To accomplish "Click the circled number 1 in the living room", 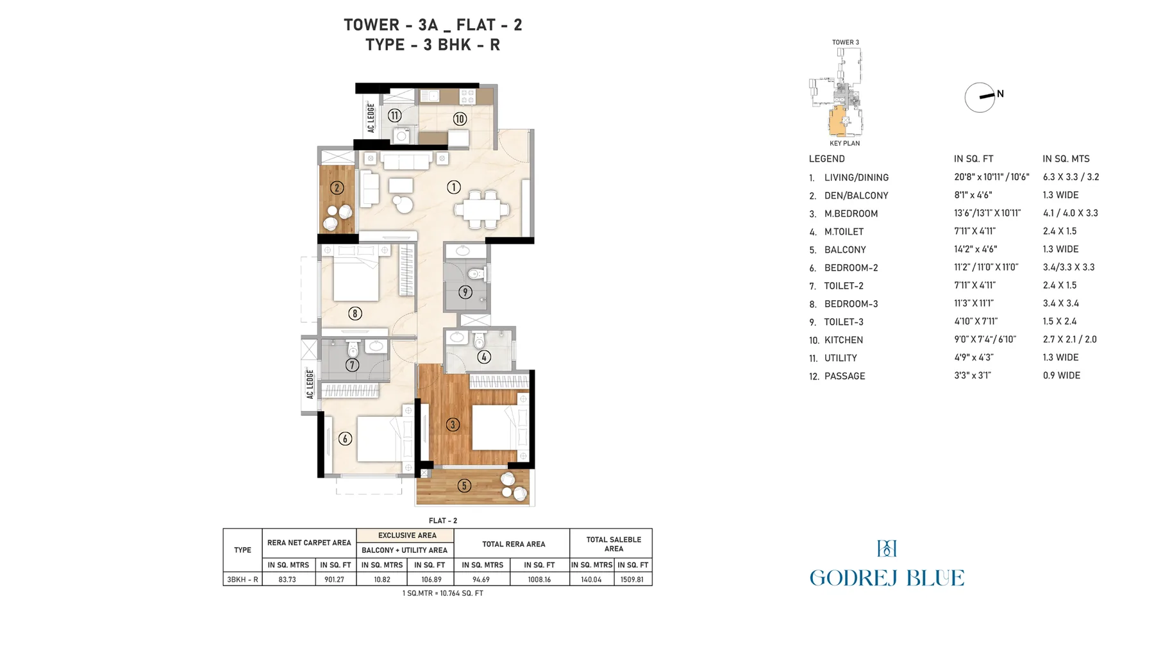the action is point(454,187).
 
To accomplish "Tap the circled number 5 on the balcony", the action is point(464,485).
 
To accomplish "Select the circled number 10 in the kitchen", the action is point(460,119).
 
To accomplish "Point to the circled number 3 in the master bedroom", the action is point(453,424).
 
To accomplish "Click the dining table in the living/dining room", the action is point(482,209).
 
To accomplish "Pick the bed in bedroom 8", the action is point(355,276).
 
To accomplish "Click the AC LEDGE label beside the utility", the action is point(371,117).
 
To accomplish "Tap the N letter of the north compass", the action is point(1000,94).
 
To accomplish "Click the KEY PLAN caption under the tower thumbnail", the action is point(844,143).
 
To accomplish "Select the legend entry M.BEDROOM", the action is point(851,214).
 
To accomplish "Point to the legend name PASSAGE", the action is point(844,376).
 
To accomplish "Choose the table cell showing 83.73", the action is point(287,579).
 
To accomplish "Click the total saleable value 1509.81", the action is point(632,579).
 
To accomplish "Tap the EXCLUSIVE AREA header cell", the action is point(407,535).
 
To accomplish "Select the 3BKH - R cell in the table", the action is point(242,579).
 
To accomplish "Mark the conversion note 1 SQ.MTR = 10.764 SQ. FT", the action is point(443,593).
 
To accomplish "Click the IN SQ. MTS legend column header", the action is point(1066,158).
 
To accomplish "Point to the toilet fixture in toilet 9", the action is point(475,274).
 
